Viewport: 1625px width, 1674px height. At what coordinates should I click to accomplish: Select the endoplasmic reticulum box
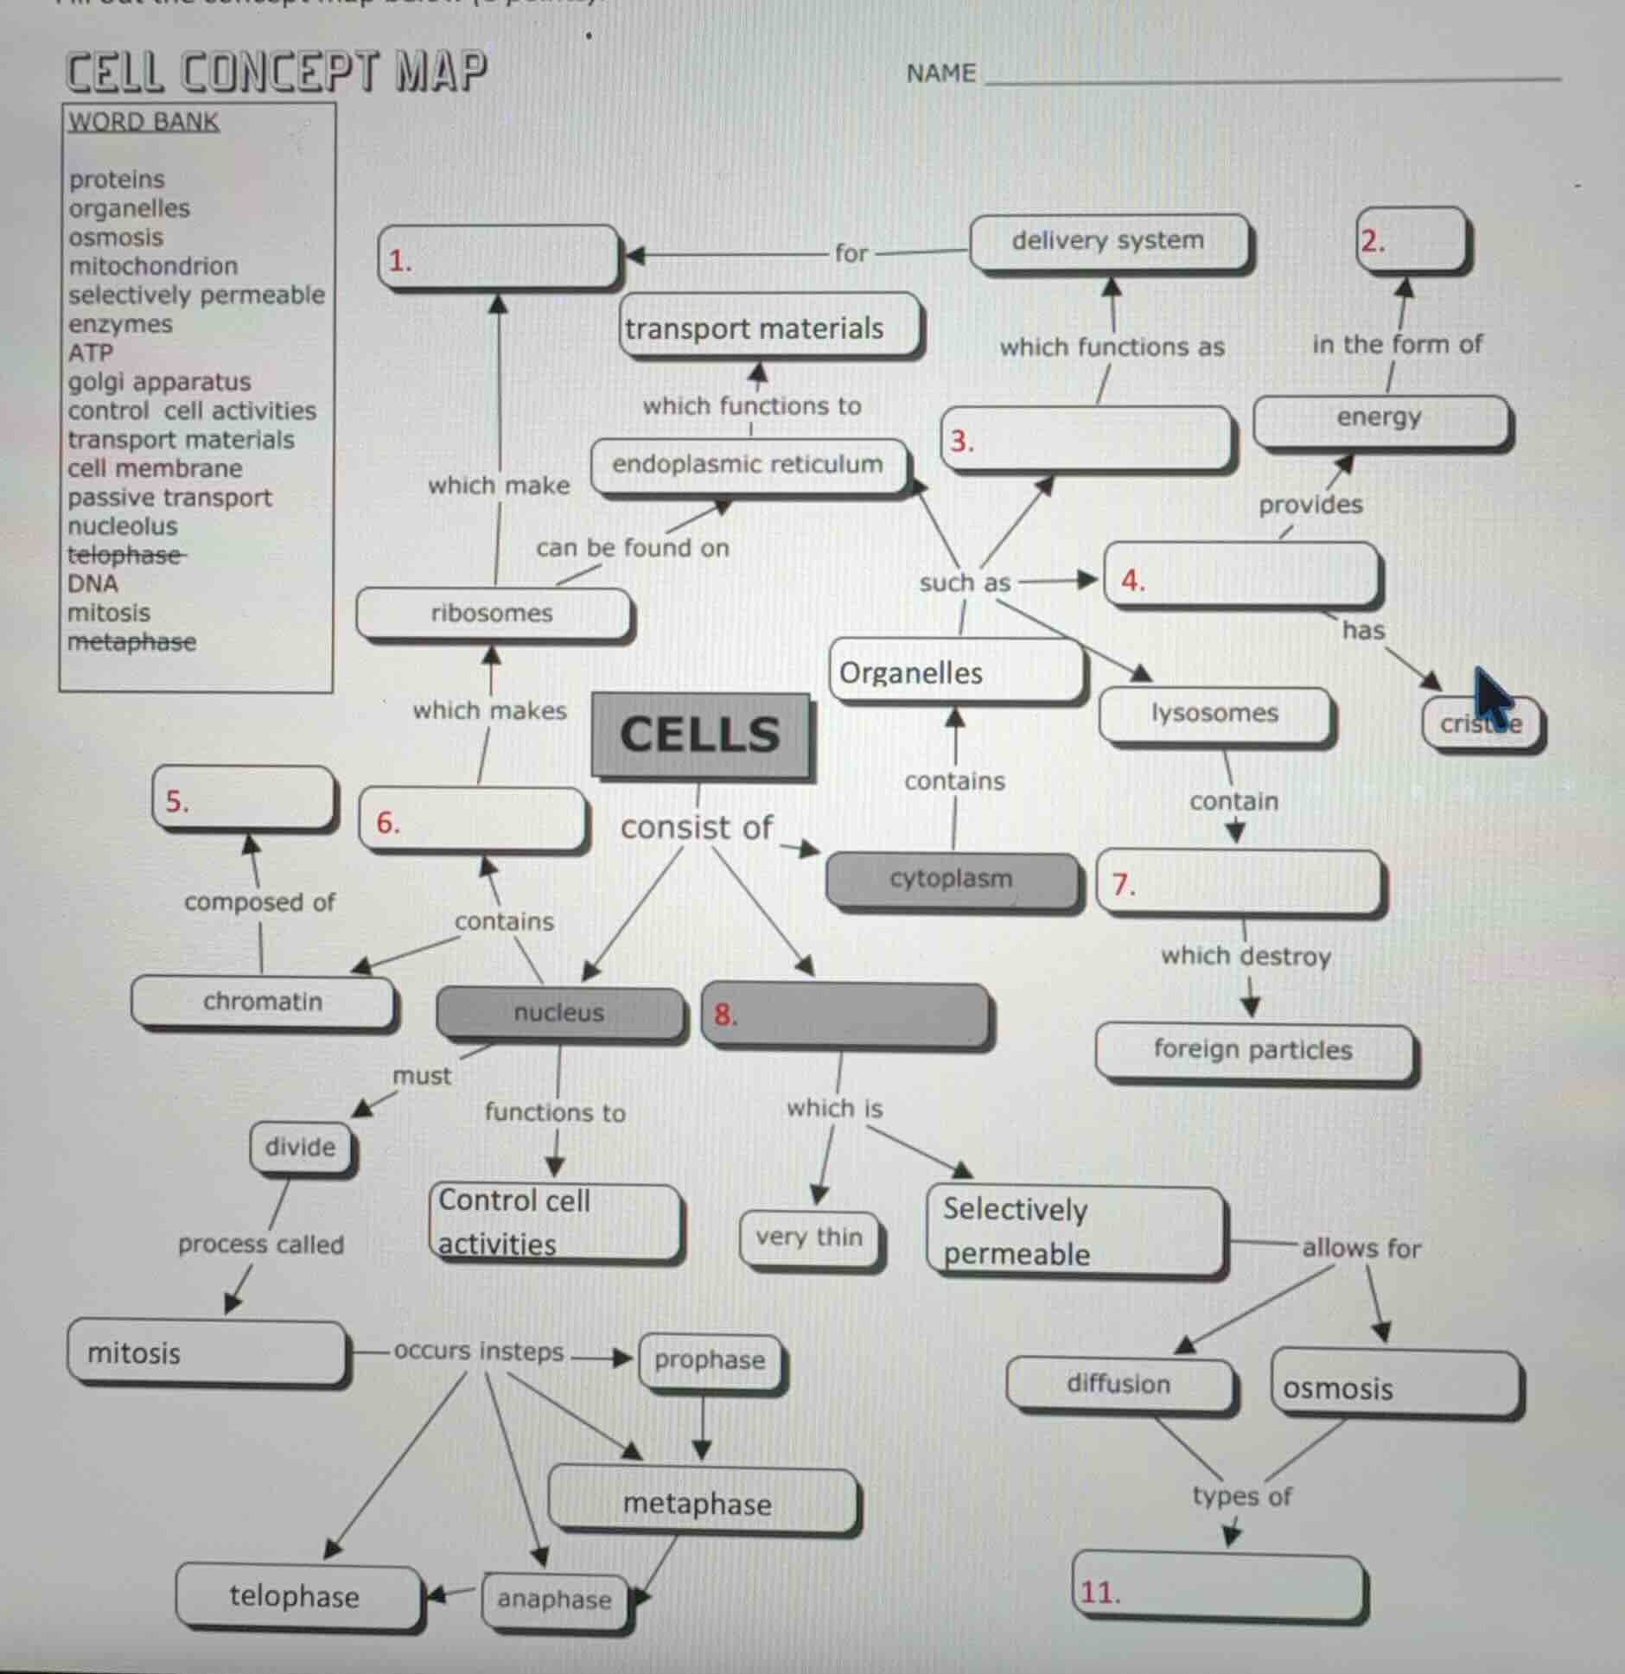point(749,465)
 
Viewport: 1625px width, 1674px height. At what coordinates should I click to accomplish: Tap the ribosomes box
point(493,614)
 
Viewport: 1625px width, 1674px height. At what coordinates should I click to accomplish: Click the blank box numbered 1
point(500,258)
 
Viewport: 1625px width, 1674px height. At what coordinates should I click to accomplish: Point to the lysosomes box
point(1214,714)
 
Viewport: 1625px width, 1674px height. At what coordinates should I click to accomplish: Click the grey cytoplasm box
point(951,880)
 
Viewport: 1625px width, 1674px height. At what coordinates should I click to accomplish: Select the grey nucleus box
point(559,1013)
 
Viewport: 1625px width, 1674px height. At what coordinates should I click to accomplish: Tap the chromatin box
point(263,1002)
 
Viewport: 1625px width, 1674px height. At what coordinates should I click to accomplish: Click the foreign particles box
point(1253,1051)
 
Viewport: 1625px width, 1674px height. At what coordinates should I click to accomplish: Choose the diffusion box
point(1119,1384)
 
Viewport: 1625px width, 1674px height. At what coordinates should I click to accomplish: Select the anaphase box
point(554,1601)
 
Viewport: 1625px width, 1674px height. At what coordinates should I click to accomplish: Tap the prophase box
point(710,1361)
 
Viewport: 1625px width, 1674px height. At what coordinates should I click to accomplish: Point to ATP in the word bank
point(91,353)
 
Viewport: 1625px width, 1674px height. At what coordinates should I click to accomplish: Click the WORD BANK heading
point(143,122)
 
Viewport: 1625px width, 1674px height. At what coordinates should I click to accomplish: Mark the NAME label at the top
point(941,74)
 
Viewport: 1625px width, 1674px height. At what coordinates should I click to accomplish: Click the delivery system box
point(1108,241)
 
